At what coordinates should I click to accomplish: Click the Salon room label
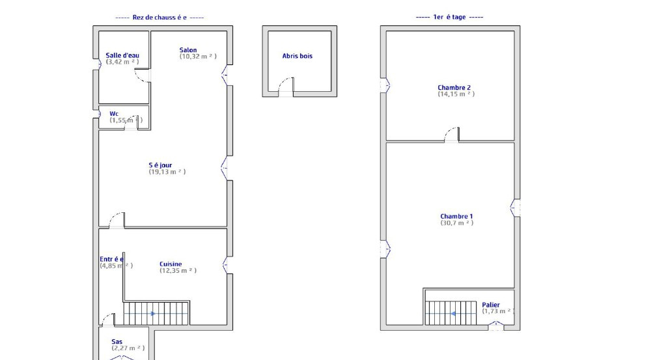click(188, 50)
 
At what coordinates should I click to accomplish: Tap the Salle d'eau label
click(122, 55)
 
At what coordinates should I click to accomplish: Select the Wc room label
click(114, 114)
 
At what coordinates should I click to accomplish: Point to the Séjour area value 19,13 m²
click(167, 171)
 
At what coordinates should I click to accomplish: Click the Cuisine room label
click(171, 264)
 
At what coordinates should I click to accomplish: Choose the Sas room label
click(117, 342)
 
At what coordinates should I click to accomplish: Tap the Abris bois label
click(298, 56)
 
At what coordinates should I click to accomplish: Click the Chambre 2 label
click(454, 87)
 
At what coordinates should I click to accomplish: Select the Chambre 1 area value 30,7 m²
click(457, 223)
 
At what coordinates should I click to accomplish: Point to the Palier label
click(491, 305)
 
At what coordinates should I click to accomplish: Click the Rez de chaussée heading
click(160, 18)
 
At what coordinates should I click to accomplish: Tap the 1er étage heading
click(449, 17)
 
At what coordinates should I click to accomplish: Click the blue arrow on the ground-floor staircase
click(153, 313)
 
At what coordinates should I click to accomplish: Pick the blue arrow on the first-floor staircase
click(453, 313)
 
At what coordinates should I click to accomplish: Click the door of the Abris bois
click(286, 87)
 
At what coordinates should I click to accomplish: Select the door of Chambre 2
click(452, 135)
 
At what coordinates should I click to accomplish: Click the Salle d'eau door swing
click(143, 75)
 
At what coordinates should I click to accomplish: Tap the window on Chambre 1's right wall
click(515, 207)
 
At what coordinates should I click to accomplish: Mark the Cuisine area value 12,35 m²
click(178, 271)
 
